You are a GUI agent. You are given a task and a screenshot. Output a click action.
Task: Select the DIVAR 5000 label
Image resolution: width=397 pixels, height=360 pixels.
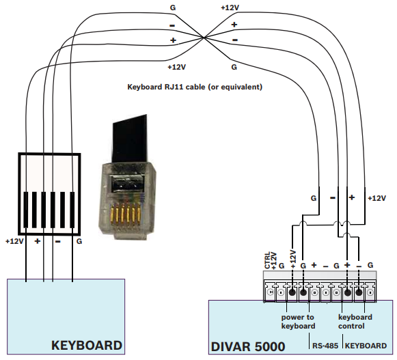click(x=248, y=346)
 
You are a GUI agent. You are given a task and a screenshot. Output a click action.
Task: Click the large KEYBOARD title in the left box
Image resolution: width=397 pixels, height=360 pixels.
click(x=87, y=346)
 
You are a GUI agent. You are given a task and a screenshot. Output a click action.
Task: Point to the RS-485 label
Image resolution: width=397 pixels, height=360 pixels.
click(x=325, y=346)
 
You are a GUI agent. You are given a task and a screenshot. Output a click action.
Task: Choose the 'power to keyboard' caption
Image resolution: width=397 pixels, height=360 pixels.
click(x=298, y=322)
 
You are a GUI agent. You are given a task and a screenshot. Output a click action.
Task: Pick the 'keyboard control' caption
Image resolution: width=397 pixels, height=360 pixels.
click(x=355, y=322)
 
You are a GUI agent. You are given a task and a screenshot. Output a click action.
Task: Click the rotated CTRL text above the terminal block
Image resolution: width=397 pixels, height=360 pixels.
click(x=267, y=260)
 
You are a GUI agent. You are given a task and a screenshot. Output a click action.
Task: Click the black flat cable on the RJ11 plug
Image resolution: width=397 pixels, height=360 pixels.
click(x=130, y=139)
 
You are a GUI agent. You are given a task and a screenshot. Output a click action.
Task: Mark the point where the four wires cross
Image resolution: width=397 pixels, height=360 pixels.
click(x=204, y=38)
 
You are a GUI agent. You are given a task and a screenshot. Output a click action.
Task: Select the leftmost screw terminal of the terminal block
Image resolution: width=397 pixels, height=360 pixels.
click(x=270, y=292)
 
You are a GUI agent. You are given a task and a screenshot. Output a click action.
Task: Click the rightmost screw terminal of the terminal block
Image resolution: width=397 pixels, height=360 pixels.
click(x=370, y=292)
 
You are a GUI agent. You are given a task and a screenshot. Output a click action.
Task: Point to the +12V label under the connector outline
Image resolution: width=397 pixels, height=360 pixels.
click(x=14, y=242)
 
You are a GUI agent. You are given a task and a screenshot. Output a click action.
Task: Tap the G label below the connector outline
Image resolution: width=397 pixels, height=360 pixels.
click(x=79, y=242)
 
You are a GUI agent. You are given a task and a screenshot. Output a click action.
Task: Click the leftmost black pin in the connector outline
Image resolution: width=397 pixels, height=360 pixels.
click(x=26, y=210)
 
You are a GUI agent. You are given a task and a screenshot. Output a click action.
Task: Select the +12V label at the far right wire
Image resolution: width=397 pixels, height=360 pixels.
click(x=377, y=198)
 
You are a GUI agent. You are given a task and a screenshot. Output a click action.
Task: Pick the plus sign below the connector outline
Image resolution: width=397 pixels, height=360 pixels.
click(x=37, y=241)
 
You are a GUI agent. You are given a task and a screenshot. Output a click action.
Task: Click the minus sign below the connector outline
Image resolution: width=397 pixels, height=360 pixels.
click(x=57, y=242)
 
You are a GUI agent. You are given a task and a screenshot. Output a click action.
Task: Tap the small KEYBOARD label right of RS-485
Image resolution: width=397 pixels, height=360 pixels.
click(x=366, y=346)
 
